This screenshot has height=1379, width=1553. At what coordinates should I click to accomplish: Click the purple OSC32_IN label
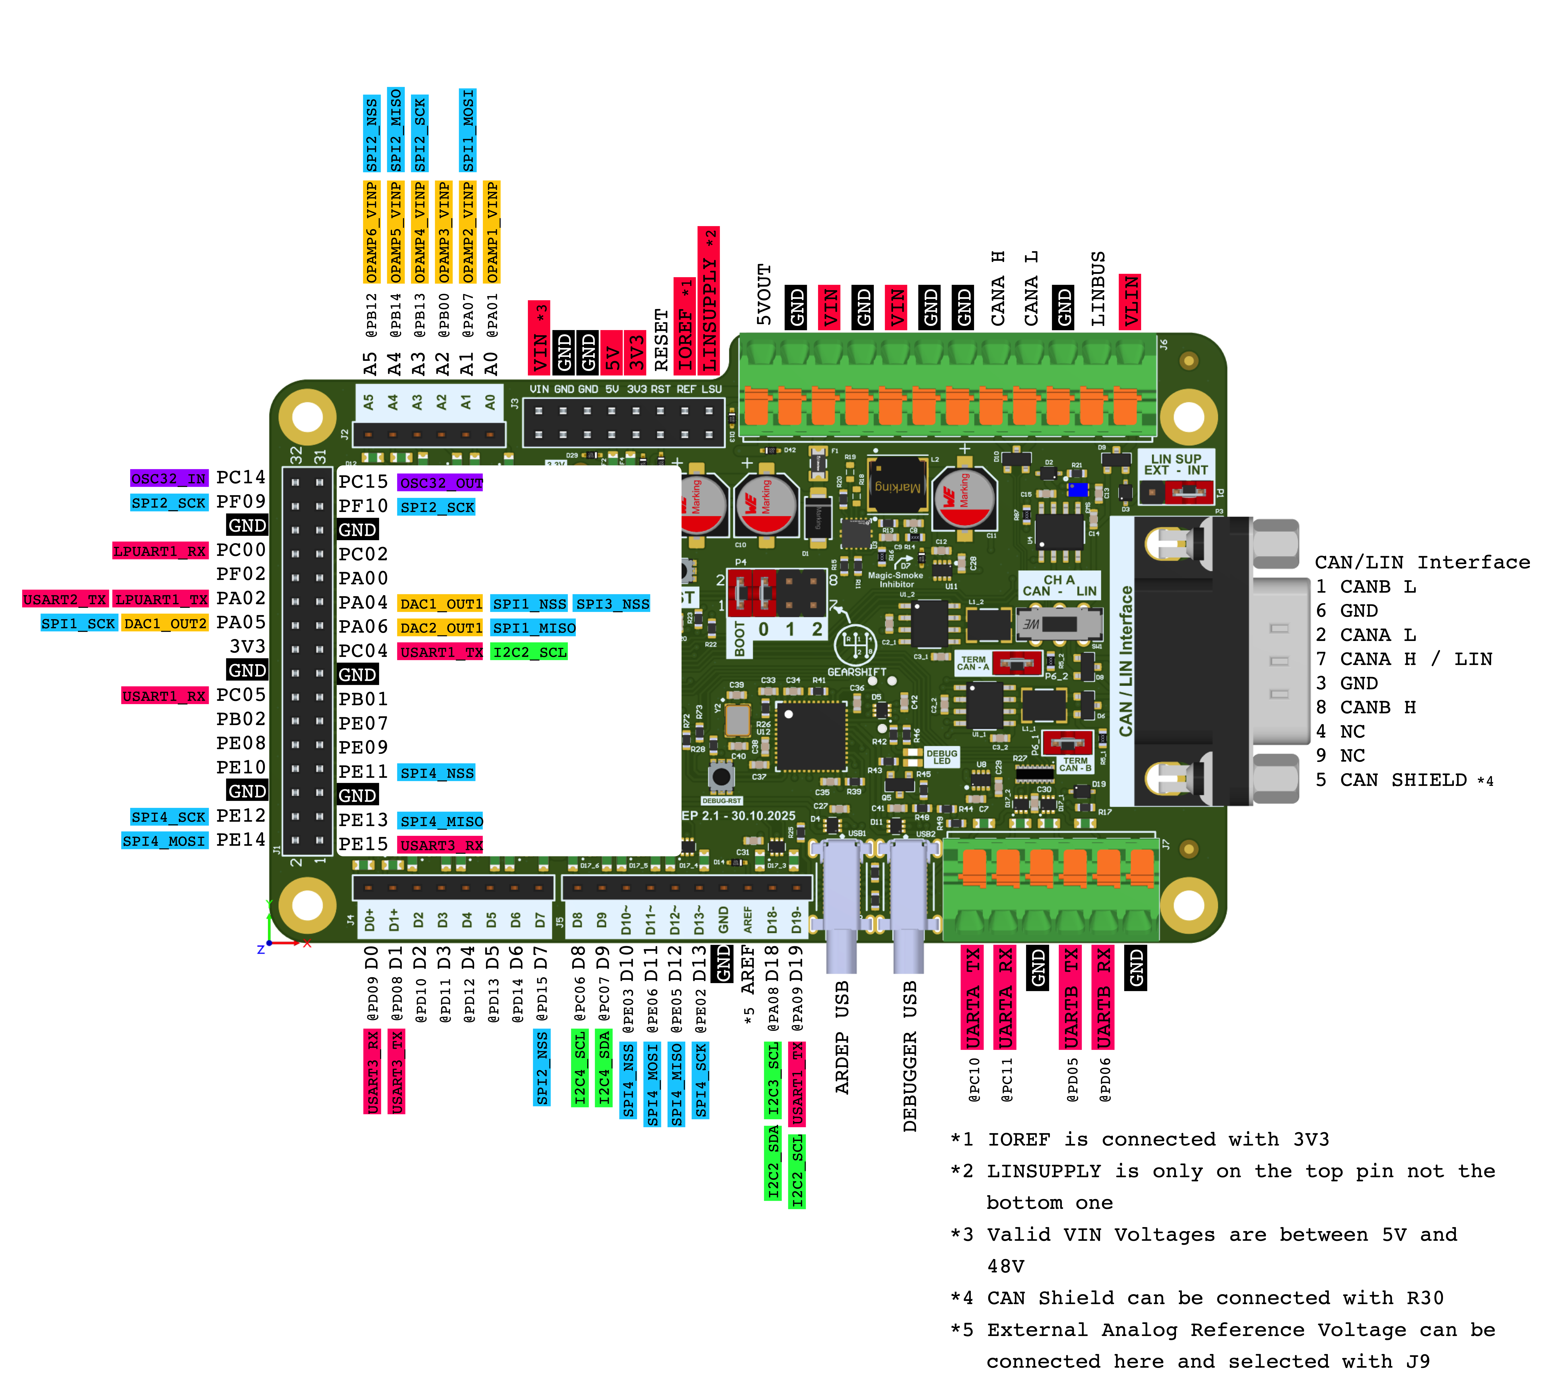(169, 479)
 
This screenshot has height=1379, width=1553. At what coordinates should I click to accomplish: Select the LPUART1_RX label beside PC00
(159, 551)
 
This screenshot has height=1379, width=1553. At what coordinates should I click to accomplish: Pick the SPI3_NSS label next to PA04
(612, 604)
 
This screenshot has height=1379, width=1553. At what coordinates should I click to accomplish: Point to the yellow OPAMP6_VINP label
(371, 232)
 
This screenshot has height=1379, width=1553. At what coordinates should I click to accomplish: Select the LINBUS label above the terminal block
(1097, 289)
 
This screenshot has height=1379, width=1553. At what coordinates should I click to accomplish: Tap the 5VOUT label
(764, 295)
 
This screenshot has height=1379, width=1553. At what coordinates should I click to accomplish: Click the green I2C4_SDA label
(604, 1067)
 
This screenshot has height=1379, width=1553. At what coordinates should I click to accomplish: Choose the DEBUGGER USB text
(910, 1056)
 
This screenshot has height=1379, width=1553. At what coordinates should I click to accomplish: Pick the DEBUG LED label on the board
(941, 757)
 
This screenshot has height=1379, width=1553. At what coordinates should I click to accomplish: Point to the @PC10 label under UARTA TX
(974, 1079)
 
